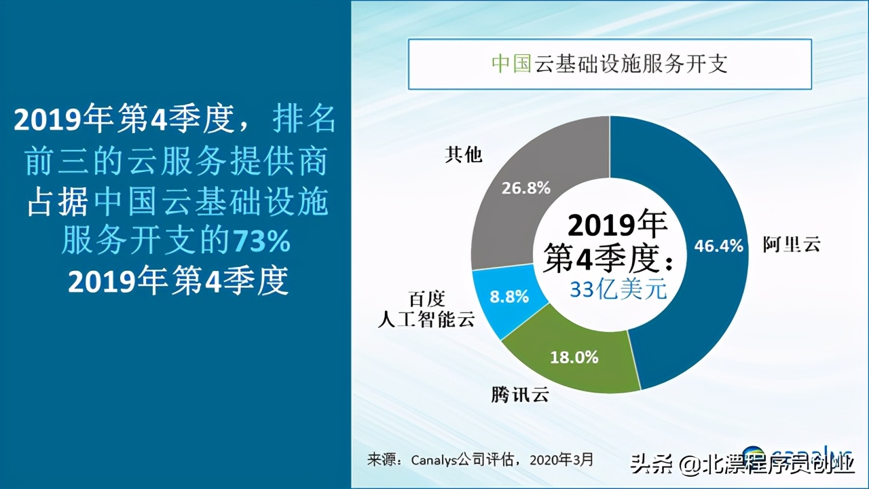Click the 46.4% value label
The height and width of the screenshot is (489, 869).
pos(718,246)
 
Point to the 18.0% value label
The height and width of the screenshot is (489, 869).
pos(574,357)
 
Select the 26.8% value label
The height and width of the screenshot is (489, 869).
pos(525,188)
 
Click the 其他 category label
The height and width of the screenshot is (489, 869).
pos(463,155)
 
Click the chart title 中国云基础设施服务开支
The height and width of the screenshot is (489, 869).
pos(609,65)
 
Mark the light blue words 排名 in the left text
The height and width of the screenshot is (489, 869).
pos(303,120)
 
